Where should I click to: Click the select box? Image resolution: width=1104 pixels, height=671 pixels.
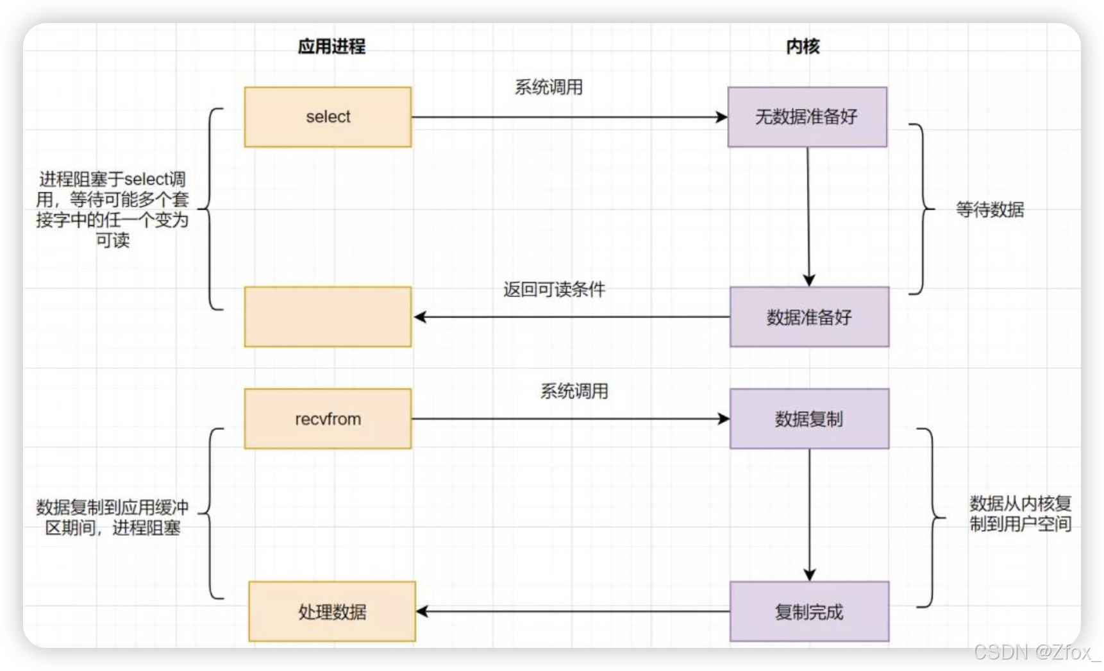(x=328, y=117)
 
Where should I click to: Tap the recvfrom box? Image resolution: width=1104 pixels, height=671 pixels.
(x=328, y=418)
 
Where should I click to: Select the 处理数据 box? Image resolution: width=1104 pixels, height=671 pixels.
(x=332, y=611)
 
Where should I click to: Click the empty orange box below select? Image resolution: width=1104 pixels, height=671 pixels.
(x=328, y=317)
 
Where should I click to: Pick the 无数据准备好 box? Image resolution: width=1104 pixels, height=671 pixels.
(x=807, y=117)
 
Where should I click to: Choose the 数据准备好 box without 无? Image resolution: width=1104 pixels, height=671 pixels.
(x=809, y=317)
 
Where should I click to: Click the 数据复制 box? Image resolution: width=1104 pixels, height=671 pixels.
(x=809, y=418)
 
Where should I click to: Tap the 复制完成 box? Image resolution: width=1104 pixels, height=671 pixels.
(x=809, y=611)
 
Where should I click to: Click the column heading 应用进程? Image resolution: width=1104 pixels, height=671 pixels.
(x=331, y=46)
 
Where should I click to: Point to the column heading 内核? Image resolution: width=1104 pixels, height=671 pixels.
(x=803, y=46)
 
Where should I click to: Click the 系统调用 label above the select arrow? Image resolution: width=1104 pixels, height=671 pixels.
(x=549, y=87)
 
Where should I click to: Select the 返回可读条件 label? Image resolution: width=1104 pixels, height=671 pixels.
(x=554, y=289)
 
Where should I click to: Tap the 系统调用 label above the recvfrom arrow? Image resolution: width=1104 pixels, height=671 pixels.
(x=574, y=391)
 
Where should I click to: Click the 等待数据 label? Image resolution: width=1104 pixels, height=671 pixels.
(x=990, y=209)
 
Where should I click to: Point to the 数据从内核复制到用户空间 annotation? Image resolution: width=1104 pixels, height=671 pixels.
(x=1020, y=514)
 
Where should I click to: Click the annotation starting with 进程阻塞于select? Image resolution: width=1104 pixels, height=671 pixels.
(x=112, y=209)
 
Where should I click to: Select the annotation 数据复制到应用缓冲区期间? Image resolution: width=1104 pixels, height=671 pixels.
(x=112, y=517)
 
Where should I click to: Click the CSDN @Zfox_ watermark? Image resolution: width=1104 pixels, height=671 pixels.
(x=1035, y=652)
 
